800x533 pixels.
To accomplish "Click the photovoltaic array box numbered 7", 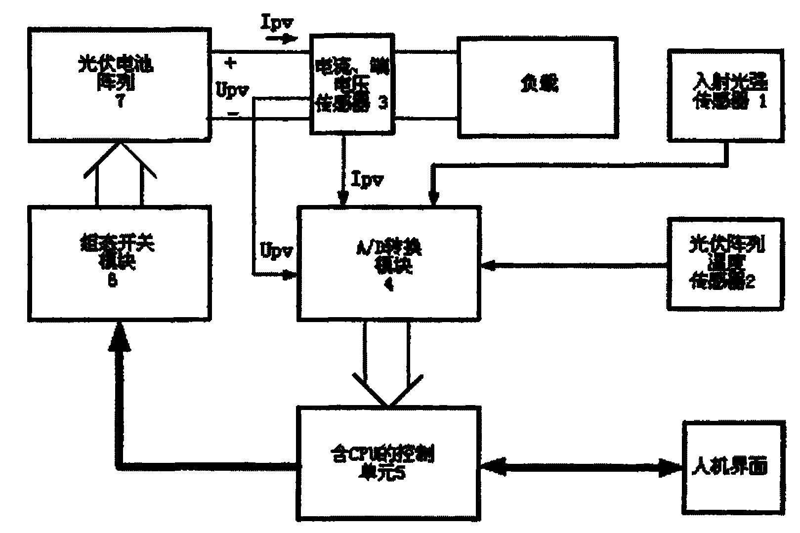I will (119, 84).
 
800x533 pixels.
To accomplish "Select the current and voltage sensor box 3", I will (351, 84).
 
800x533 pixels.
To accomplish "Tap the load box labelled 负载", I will (538, 87).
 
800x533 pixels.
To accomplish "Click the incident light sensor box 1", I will (725, 94).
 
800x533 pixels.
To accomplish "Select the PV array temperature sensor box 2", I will (725, 264).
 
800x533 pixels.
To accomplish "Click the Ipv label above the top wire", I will (278, 24).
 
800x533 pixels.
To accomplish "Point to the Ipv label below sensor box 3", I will (367, 180).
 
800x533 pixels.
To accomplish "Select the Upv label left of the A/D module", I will (277, 251).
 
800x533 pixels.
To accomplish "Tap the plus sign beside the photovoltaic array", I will (230, 63).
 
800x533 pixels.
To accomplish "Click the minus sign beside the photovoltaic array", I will (233, 114).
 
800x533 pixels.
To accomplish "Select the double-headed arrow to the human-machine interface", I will (581, 467).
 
